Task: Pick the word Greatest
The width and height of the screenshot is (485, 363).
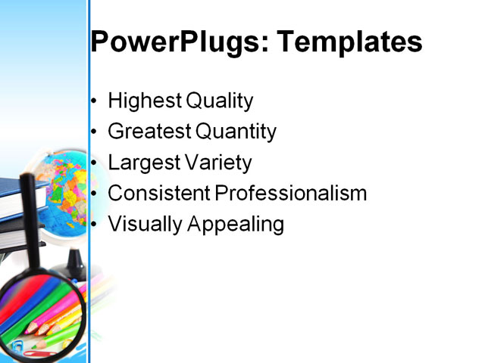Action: (x=149, y=132)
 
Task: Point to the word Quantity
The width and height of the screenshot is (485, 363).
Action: (x=236, y=132)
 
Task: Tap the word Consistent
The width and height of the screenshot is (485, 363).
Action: (x=158, y=194)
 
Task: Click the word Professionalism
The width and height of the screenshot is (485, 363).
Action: (x=291, y=194)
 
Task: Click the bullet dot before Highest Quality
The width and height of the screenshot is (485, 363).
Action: (x=94, y=101)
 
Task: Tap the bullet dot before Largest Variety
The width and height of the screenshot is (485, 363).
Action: (x=94, y=163)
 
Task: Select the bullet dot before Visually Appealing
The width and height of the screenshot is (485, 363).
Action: (x=94, y=225)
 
